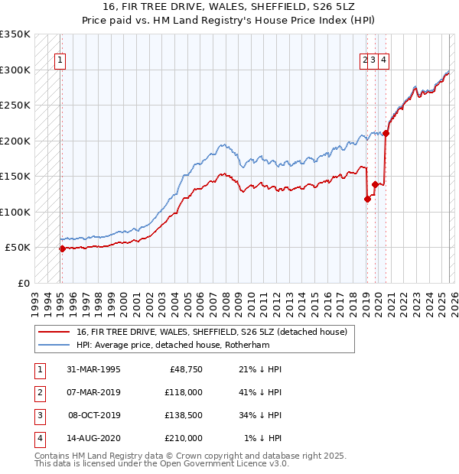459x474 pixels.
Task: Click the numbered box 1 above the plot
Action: pos(60,62)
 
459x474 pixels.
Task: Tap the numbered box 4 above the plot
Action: pos(383,62)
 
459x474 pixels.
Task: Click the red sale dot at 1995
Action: pos(62,248)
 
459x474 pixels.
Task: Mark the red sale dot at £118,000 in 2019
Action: pos(367,200)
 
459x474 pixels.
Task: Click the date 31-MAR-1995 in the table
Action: pos(94,369)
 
